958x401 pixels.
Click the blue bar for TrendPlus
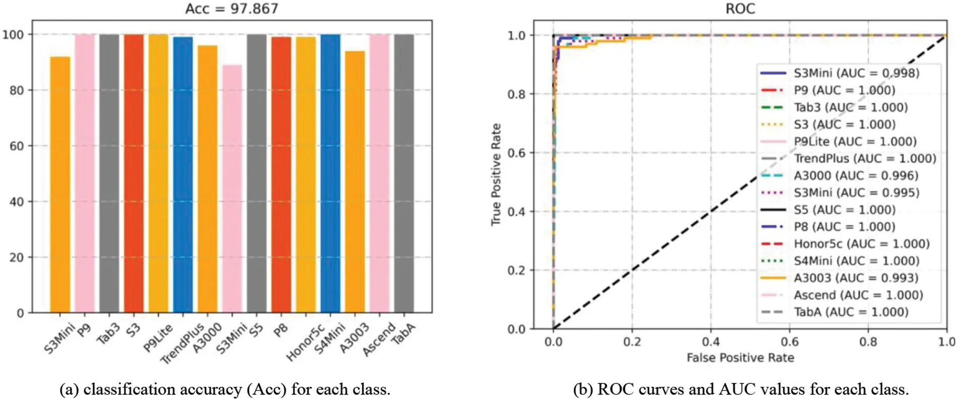coord(183,174)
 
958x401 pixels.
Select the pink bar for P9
coord(84,173)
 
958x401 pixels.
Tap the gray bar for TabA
coord(404,173)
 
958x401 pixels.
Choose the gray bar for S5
coord(256,173)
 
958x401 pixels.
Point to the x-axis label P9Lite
coord(158,338)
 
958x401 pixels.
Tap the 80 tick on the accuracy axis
coord(16,91)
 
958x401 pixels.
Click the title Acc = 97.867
coord(231,9)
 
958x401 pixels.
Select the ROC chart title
coord(740,9)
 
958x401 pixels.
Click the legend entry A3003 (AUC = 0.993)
coord(856,278)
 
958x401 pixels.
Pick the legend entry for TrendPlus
coord(864,159)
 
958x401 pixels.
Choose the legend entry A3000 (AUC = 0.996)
coord(856,176)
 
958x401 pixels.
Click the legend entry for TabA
coord(851,312)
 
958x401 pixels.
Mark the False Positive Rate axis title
coord(740,358)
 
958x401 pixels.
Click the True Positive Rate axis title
coord(496,174)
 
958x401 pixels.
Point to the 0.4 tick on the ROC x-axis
coord(710,342)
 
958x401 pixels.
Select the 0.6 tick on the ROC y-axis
coord(516,153)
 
